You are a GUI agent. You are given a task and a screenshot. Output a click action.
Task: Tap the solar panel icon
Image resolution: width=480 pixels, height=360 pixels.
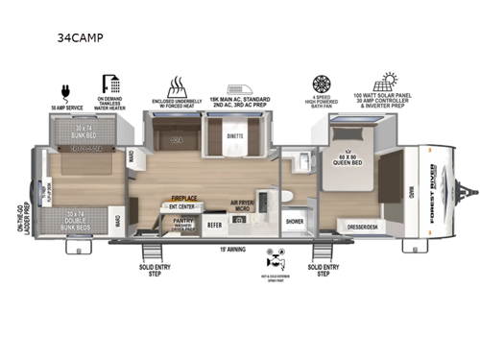point(390,81)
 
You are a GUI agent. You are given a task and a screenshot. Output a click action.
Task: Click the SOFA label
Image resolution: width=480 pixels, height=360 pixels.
point(176,140)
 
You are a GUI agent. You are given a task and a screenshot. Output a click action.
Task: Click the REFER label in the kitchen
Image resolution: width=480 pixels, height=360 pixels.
point(215,225)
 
